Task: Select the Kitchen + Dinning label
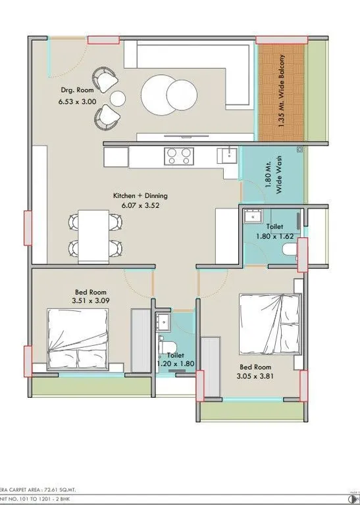tap(140, 195)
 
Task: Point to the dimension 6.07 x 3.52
tap(140, 205)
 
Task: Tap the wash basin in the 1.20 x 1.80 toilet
tap(162, 322)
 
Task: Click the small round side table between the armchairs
tap(118, 99)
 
